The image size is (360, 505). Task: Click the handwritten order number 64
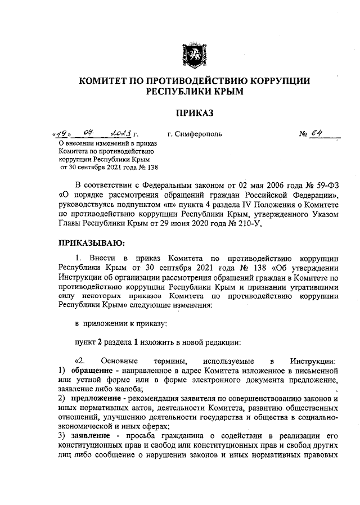321,134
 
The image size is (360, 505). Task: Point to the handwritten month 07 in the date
88,134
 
